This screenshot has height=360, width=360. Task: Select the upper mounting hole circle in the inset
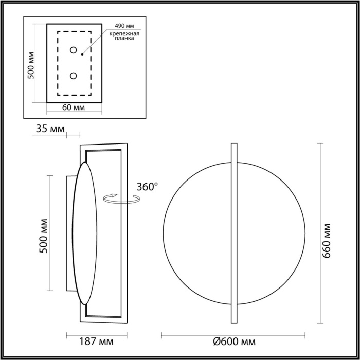click(74, 50)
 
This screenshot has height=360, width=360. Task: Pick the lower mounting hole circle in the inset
click(74, 76)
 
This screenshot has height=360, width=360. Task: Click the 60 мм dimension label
click(74, 107)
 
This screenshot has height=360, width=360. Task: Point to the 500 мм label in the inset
click(31, 65)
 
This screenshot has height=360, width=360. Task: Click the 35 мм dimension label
click(51, 129)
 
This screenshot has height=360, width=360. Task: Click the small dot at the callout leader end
click(83, 52)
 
